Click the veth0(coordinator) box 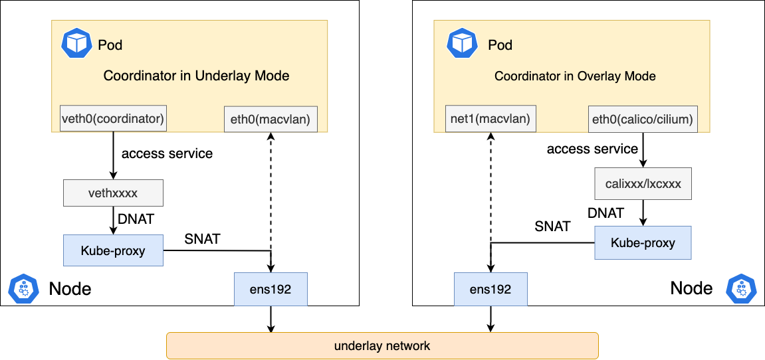113,119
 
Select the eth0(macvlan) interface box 270,120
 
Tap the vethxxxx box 113,193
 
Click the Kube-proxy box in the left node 113,251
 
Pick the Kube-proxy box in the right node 642,242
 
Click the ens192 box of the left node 271,289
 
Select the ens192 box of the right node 491,289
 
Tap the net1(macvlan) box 491,120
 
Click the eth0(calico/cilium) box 642,120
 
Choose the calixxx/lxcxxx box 642,184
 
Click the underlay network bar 382,346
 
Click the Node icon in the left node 22,288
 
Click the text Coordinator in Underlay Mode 196,76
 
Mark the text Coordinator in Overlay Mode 575,76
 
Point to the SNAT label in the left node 202,239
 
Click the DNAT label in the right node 605,213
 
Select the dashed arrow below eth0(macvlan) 271,193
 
